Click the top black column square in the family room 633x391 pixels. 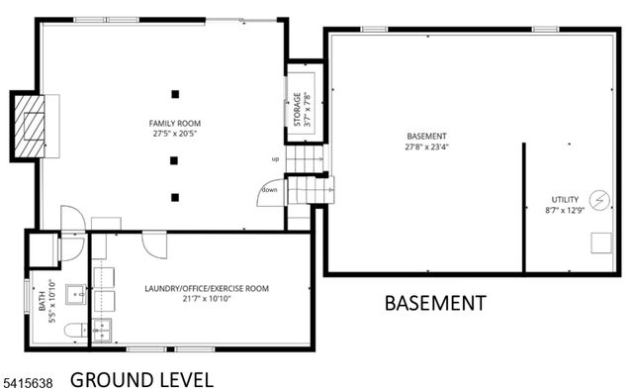[174, 94]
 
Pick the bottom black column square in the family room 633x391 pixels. [174, 196]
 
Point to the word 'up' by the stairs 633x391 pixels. [276, 158]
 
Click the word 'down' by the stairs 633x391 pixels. [269, 189]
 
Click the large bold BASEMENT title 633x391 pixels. [434, 303]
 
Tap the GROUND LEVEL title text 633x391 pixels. [141, 379]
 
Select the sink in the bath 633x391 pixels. [75, 294]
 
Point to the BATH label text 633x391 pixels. [43, 314]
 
